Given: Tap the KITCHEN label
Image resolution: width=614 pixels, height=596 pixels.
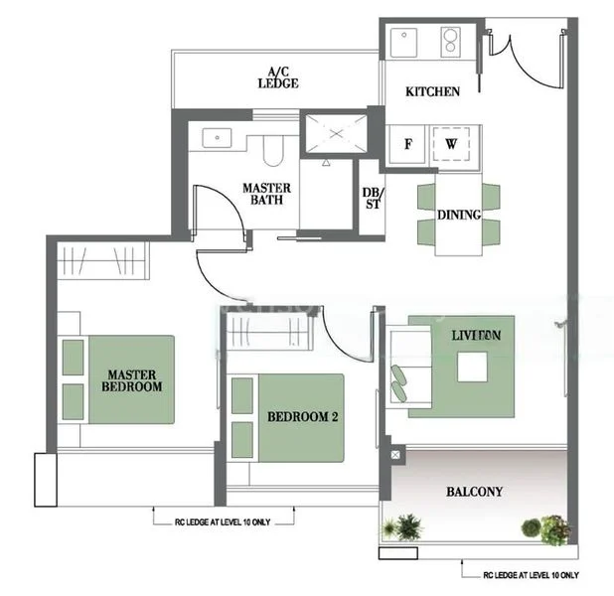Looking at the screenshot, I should pyautogui.click(x=432, y=91).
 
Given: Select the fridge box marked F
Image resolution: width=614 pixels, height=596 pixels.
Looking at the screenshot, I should pyautogui.click(x=406, y=143).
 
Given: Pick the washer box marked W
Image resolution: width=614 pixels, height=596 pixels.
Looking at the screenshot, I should pyautogui.click(x=452, y=143).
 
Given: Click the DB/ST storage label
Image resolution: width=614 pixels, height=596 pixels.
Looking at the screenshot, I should pyautogui.click(x=372, y=199).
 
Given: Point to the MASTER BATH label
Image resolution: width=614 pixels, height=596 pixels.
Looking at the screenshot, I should pyautogui.click(x=266, y=194).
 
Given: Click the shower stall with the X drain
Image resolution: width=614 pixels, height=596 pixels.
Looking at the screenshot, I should pyautogui.click(x=335, y=132).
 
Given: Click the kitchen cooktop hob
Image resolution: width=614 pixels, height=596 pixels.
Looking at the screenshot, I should pyautogui.click(x=452, y=42).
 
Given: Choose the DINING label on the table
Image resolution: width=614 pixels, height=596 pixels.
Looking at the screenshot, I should pyautogui.click(x=458, y=215).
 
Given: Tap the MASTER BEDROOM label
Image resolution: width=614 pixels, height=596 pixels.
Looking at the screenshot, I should pyautogui.click(x=134, y=380).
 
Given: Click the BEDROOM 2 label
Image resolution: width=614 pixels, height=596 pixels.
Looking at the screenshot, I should pyautogui.click(x=303, y=418).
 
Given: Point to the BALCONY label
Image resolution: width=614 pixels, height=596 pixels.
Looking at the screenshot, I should pyautogui.click(x=474, y=492).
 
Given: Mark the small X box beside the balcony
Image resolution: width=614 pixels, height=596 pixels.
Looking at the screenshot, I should pyautogui.click(x=397, y=456).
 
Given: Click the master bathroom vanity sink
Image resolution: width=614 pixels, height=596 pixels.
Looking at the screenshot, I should pyautogui.click(x=220, y=138).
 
